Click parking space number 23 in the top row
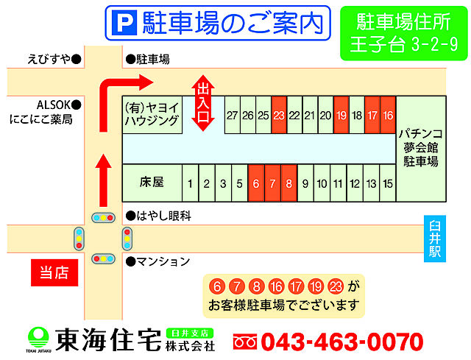point(278,116)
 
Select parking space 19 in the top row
point(341,116)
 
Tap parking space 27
point(232,116)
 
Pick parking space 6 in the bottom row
point(255,183)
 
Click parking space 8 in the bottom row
point(288,183)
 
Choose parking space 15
point(388,183)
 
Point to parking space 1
point(191,183)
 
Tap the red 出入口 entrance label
point(203,103)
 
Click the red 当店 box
point(53,272)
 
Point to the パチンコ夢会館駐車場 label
point(422,148)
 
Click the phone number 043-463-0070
point(341,342)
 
